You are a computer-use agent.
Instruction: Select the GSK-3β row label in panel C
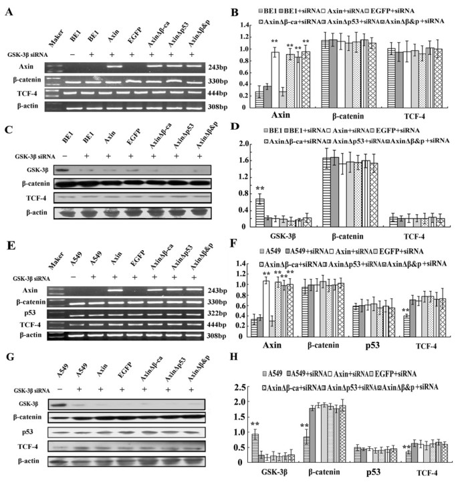[26, 170]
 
